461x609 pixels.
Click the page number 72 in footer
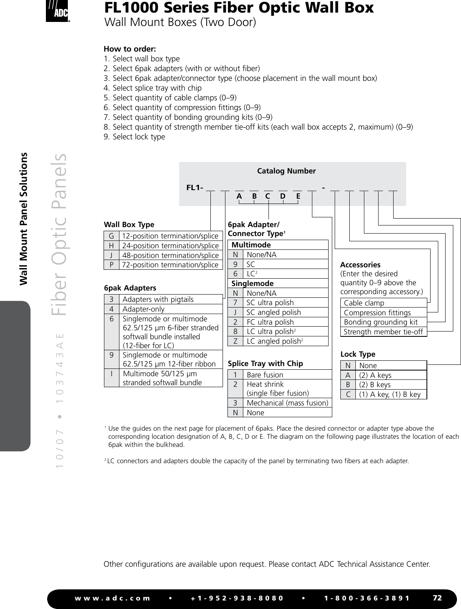[x=437, y=598]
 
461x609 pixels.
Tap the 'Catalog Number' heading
[x=286, y=171]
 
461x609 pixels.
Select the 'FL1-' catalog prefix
[x=195, y=188]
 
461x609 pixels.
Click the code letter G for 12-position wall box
[x=111, y=236]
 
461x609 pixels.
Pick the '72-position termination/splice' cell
[x=170, y=265]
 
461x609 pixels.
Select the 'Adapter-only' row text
[x=143, y=309]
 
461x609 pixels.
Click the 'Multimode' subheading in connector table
[x=251, y=245]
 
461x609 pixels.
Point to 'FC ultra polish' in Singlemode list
[x=270, y=322]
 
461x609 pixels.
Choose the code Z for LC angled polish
[x=236, y=341]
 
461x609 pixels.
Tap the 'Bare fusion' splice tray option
[x=265, y=375]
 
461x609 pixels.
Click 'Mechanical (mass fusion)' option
[x=287, y=403]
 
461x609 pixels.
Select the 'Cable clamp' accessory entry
[x=364, y=303]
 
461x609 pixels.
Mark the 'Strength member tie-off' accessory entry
[x=383, y=332]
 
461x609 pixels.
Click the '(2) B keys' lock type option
[x=374, y=385]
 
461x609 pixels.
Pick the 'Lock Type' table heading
[x=358, y=354]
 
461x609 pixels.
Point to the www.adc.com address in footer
[x=113, y=598]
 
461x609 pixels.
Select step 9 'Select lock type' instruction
[x=134, y=137]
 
